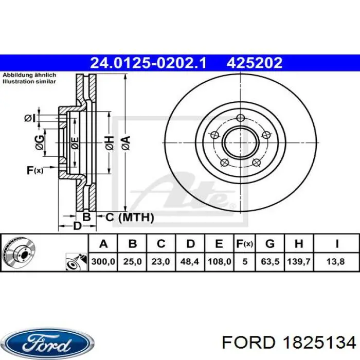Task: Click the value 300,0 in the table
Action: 103,261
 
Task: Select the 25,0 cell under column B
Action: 132,261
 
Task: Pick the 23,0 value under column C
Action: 161,261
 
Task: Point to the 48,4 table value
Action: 190,261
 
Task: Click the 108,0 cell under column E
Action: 219,261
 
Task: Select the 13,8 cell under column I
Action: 336,261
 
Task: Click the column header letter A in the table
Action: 103,244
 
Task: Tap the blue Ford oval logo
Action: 48,340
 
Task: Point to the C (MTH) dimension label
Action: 129,218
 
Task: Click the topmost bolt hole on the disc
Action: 240,118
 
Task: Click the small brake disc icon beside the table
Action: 19,252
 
